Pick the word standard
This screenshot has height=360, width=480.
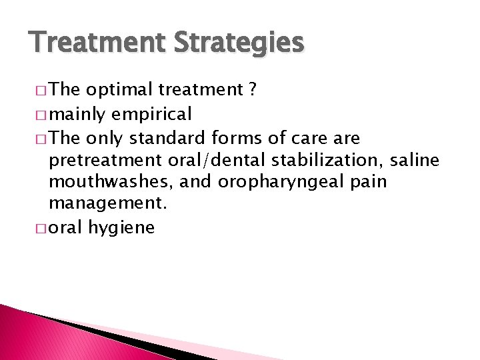point(167,138)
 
